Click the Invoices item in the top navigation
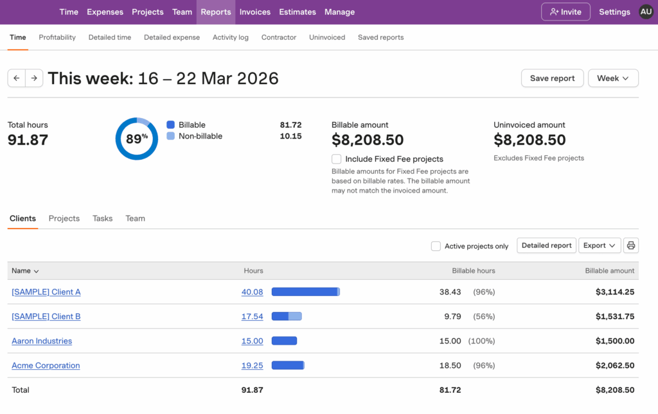coord(254,12)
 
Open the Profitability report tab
coord(57,37)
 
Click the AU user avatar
coord(646,12)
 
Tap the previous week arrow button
coord(17,78)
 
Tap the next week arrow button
coord(34,78)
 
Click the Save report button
coord(552,78)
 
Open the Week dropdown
coord(613,78)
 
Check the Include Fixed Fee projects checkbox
coord(336,159)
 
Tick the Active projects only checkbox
coord(436,246)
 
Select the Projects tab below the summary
coord(64,218)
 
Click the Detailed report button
coord(546,245)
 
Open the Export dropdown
coord(599,245)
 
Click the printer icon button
coord(631,245)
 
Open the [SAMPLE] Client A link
coord(46,292)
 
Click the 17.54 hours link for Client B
coord(252,316)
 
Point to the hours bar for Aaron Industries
coord(284,341)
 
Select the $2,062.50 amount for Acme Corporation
coord(615,365)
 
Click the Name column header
coord(25,271)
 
